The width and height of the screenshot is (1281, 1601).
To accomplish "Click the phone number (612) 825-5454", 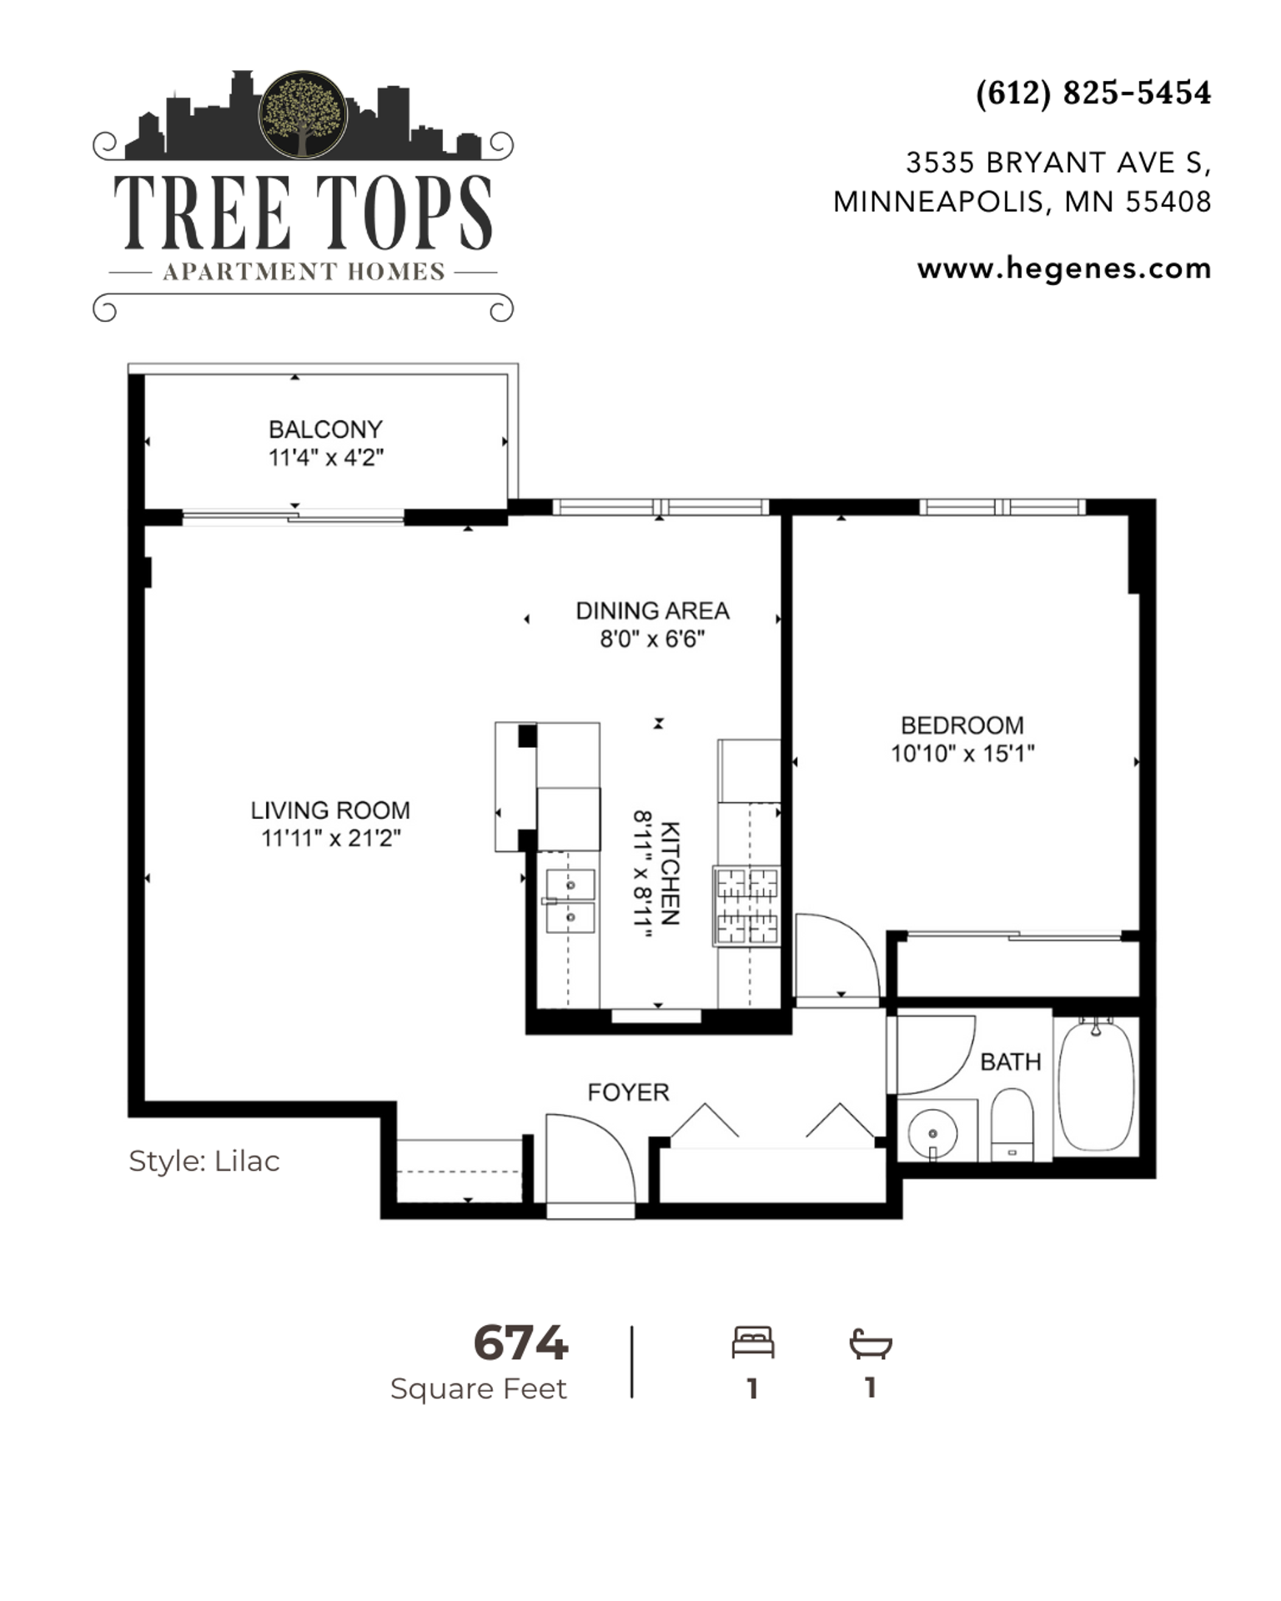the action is click(1093, 93).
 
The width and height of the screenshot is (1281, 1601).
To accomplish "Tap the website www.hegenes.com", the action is click(1064, 269).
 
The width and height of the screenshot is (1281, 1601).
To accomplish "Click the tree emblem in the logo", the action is click(303, 114).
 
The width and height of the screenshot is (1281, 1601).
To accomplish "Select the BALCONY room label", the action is click(325, 429).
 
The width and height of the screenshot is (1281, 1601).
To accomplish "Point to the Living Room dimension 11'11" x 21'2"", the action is click(331, 838).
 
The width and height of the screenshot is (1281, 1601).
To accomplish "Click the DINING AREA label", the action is click(652, 611).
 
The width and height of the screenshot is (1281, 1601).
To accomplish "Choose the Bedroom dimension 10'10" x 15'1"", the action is click(962, 754).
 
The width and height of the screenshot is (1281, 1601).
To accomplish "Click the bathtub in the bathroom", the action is click(1096, 1086).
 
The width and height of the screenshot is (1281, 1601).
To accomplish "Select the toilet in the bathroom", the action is click(1012, 1124).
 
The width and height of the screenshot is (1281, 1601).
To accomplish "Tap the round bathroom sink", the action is click(932, 1133).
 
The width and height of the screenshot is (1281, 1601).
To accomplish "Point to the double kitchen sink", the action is click(570, 901).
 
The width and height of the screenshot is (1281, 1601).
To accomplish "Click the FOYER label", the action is click(628, 1092).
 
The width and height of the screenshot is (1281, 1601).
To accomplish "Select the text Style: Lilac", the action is click(204, 1161).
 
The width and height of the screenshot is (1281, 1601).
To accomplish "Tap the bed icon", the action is click(753, 1343).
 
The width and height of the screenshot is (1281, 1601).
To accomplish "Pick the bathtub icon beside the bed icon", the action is click(871, 1343).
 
